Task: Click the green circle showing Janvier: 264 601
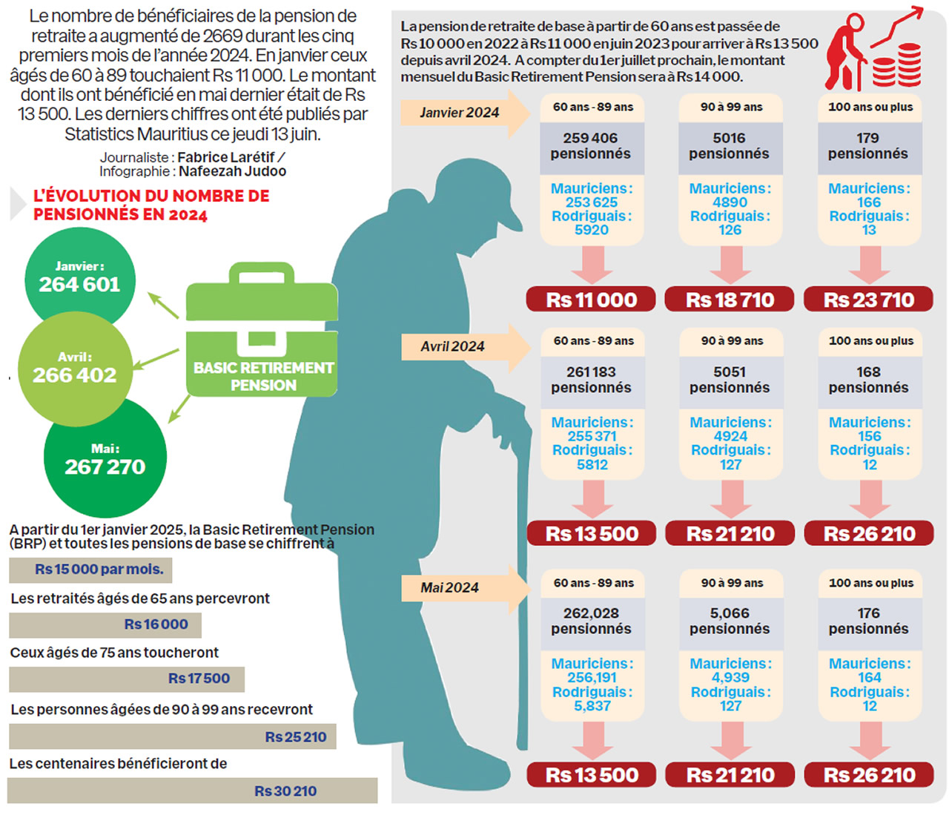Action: pyautogui.click(x=80, y=277)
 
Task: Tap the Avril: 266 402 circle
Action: pyautogui.click(x=74, y=368)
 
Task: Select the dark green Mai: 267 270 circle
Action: pyautogui.click(x=105, y=459)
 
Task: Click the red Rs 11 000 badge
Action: pyautogui.click(x=591, y=300)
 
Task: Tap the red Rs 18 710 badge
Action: pyautogui.click(x=730, y=300)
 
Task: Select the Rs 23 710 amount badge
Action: pyautogui.click(x=868, y=300)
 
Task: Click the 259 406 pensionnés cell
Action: pyautogui.click(x=591, y=146)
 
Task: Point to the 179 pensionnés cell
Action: pyautogui.click(x=868, y=146)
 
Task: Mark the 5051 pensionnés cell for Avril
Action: pyautogui.click(x=730, y=380)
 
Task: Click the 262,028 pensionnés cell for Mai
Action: pyautogui.click(x=591, y=621)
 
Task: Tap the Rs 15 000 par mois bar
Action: pyautogui.click(x=90, y=570)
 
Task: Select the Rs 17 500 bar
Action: pyautogui.click(x=127, y=679)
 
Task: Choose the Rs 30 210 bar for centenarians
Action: pyautogui.click(x=193, y=791)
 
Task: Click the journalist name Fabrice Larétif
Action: pyautogui.click(x=226, y=157)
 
